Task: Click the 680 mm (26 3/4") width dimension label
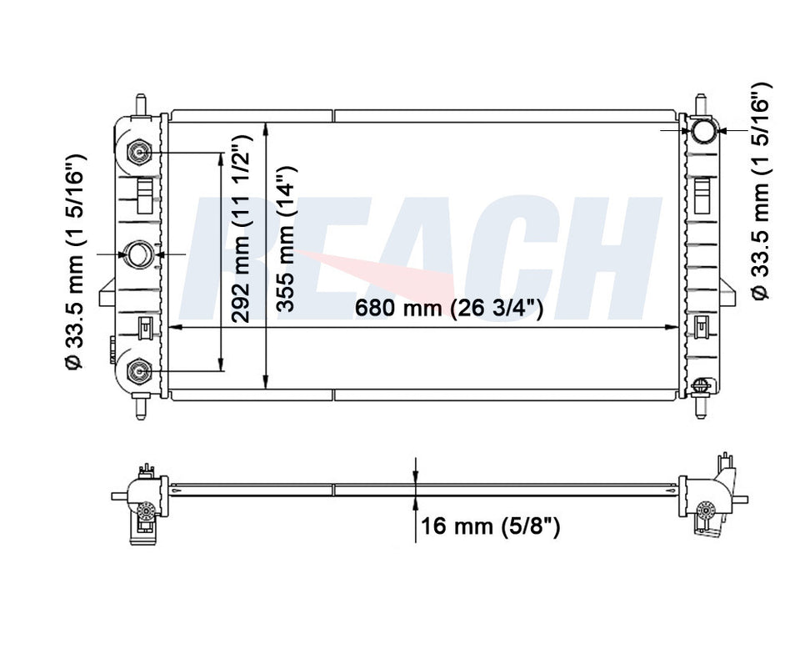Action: [448, 308]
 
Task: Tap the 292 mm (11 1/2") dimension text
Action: [240, 229]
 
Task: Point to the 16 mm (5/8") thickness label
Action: [490, 526]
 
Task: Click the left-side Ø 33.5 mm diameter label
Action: [74, 261]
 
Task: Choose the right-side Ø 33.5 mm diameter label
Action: [760, 192]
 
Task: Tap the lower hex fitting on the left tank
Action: [138, 371]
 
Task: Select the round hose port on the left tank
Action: [139, 254]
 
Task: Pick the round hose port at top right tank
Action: [704, 130]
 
